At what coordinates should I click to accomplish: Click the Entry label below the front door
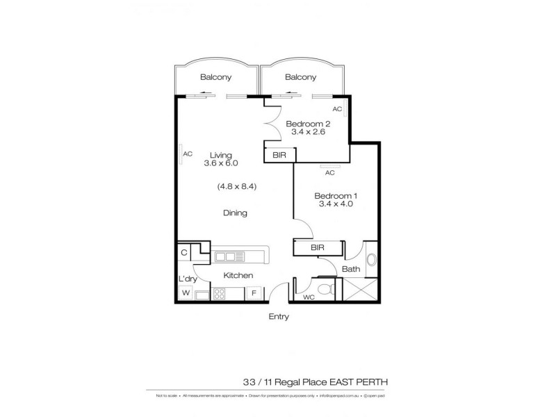coord(278,316)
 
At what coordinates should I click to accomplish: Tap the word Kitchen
coord(238,276)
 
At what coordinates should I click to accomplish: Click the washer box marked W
coord(186,293)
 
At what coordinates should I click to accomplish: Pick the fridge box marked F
coord(254,293)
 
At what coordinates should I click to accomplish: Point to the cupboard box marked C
coord(184,253)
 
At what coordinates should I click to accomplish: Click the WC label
coord(308,297)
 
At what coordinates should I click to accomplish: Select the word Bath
coord(350,269)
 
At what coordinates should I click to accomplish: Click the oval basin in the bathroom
coord(371,261)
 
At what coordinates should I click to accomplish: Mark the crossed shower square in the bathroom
coord(363,288)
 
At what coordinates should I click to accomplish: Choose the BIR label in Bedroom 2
coord(278,155)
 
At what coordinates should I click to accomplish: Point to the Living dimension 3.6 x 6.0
coord(221,163)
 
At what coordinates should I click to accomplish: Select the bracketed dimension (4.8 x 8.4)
coord(234,186)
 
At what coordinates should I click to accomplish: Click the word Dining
coord(235,213)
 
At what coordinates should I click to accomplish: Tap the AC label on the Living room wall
coord(188,154)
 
